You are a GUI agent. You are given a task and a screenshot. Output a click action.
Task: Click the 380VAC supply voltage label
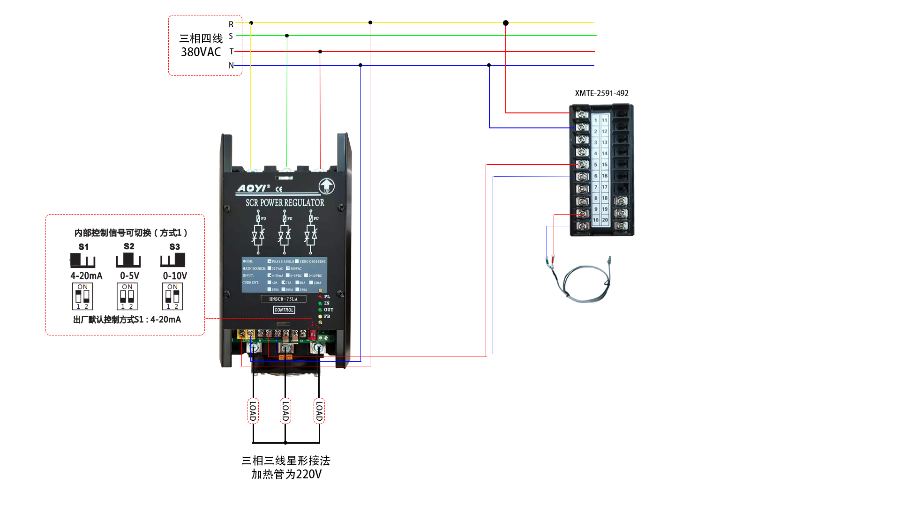click(201, 52)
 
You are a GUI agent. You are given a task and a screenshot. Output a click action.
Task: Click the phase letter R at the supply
click(231, 24)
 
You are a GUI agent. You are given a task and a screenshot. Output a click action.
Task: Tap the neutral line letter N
click(231, 66)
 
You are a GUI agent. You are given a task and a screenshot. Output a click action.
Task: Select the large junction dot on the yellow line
click(506, 23)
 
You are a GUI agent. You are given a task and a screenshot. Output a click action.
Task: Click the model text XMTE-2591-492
click(601, 93)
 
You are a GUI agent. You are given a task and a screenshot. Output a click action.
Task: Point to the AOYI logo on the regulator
click(253, 188)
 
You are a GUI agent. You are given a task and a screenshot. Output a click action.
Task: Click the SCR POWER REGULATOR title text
click(285, 203)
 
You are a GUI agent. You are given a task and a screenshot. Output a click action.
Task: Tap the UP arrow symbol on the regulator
click(327, 186)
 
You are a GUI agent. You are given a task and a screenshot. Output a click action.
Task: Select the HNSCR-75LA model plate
click(283, 299)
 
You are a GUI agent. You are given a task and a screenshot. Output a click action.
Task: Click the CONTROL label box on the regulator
click(284, 310)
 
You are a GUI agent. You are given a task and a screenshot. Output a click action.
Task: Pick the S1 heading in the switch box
click(83, 247)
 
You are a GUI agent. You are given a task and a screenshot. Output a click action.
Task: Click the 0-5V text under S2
click(129, 276)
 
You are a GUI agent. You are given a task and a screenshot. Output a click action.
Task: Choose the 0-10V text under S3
click(175, 276)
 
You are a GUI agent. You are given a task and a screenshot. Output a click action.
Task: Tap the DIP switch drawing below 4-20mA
click(82, 297)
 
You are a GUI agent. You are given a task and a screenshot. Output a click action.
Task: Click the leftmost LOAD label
click(253, 411)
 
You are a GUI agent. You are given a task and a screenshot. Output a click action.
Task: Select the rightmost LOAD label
click(319, 411)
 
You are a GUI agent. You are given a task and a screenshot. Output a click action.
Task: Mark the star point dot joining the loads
click(285, 443)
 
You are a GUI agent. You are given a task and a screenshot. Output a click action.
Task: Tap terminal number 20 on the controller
click(605, 220)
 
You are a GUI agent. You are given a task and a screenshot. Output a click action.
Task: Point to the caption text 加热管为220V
click(286, 475)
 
